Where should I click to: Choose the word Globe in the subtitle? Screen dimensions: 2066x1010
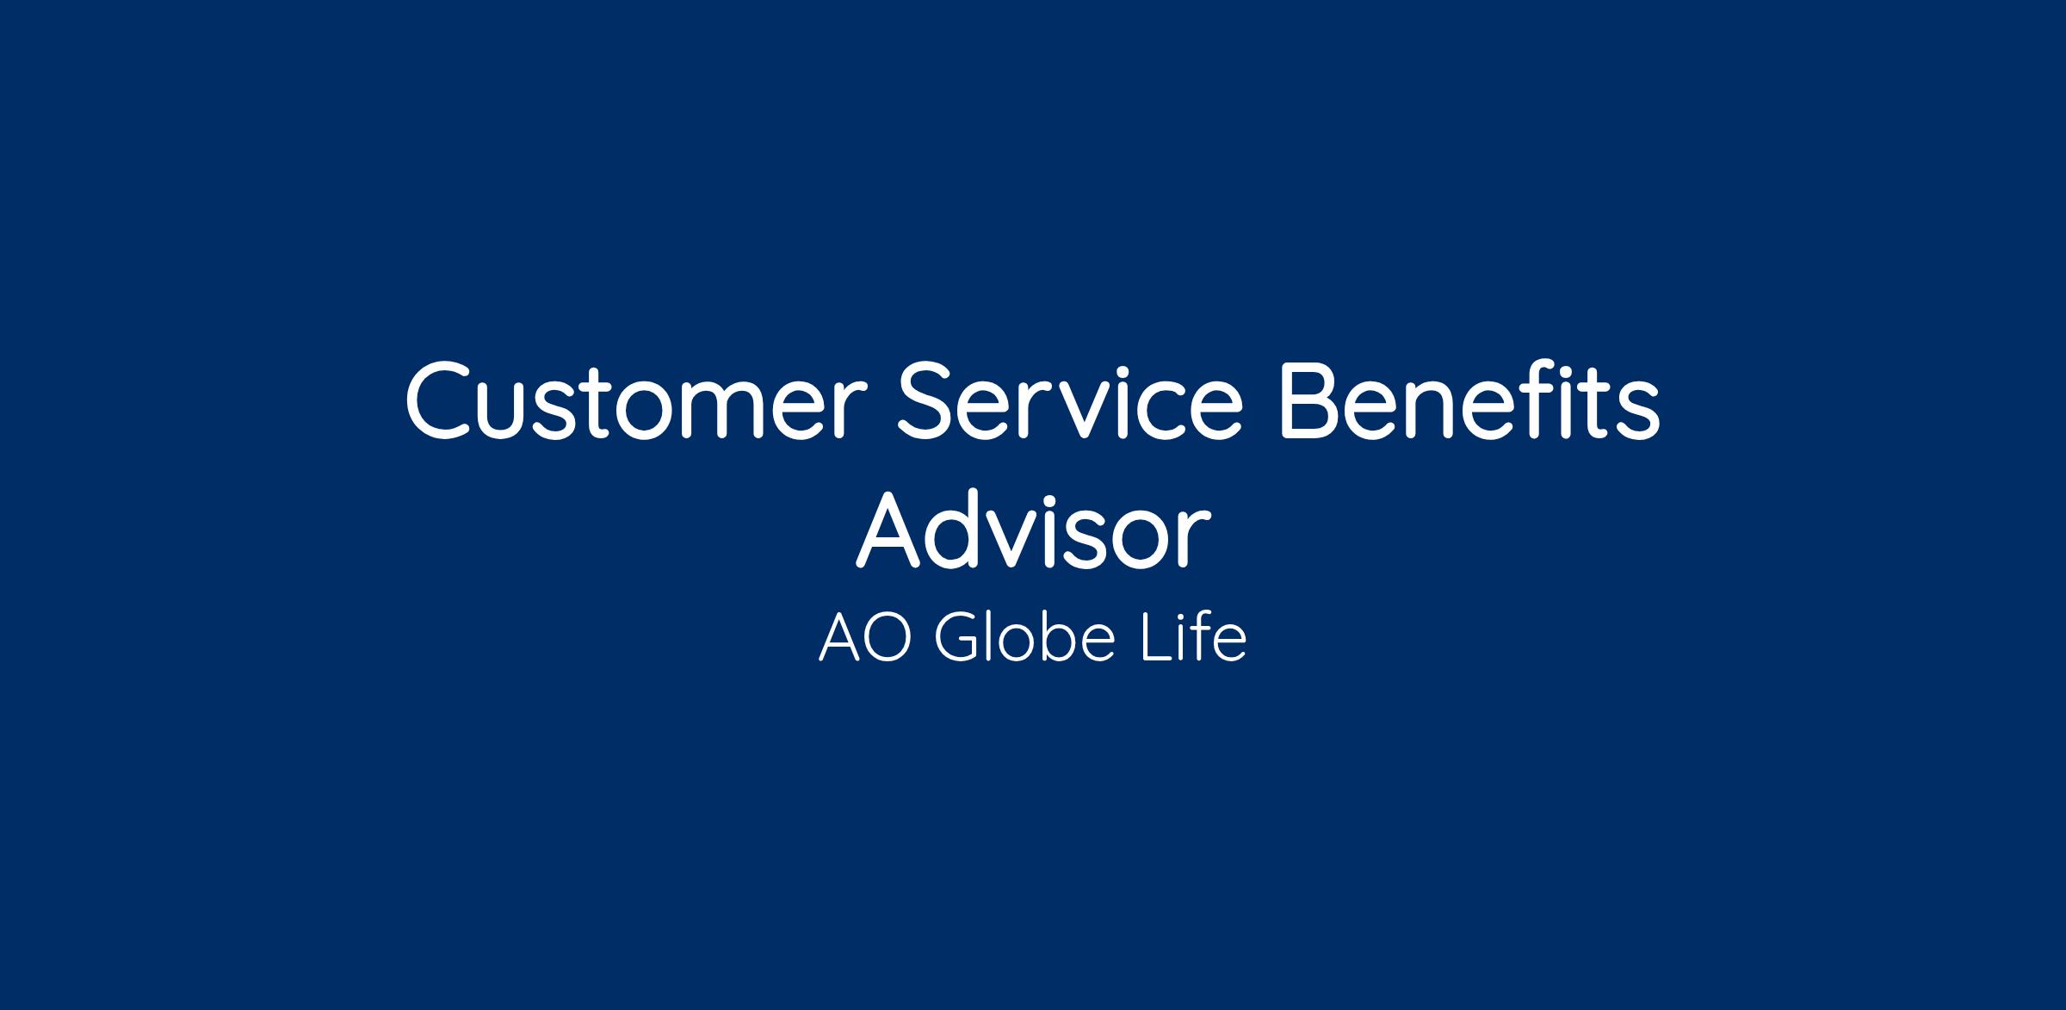pos(1025,638)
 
